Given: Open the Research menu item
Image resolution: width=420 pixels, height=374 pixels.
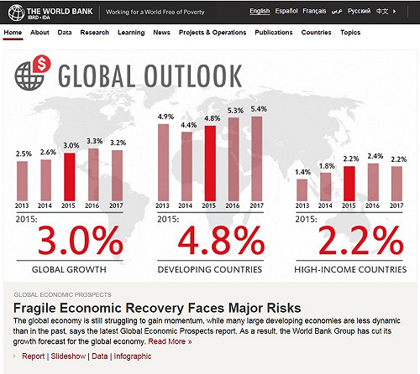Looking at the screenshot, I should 94,32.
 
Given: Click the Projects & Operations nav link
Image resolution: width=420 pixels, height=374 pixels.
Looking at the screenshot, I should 213,32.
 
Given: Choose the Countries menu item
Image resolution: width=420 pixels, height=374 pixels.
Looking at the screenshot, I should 316,32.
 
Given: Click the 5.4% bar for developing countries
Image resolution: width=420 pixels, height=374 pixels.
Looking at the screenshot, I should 258,158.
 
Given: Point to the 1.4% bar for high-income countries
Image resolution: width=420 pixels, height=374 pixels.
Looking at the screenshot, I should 304,190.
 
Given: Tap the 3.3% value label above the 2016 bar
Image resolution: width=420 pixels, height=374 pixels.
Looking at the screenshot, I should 94,142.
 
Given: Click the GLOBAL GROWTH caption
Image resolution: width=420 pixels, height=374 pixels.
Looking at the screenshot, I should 69,269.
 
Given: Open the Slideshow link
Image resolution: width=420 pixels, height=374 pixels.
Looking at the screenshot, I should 68,356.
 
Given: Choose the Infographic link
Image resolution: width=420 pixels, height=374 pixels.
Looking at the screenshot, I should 133,356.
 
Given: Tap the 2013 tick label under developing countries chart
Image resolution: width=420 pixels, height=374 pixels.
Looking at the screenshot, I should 165,207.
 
